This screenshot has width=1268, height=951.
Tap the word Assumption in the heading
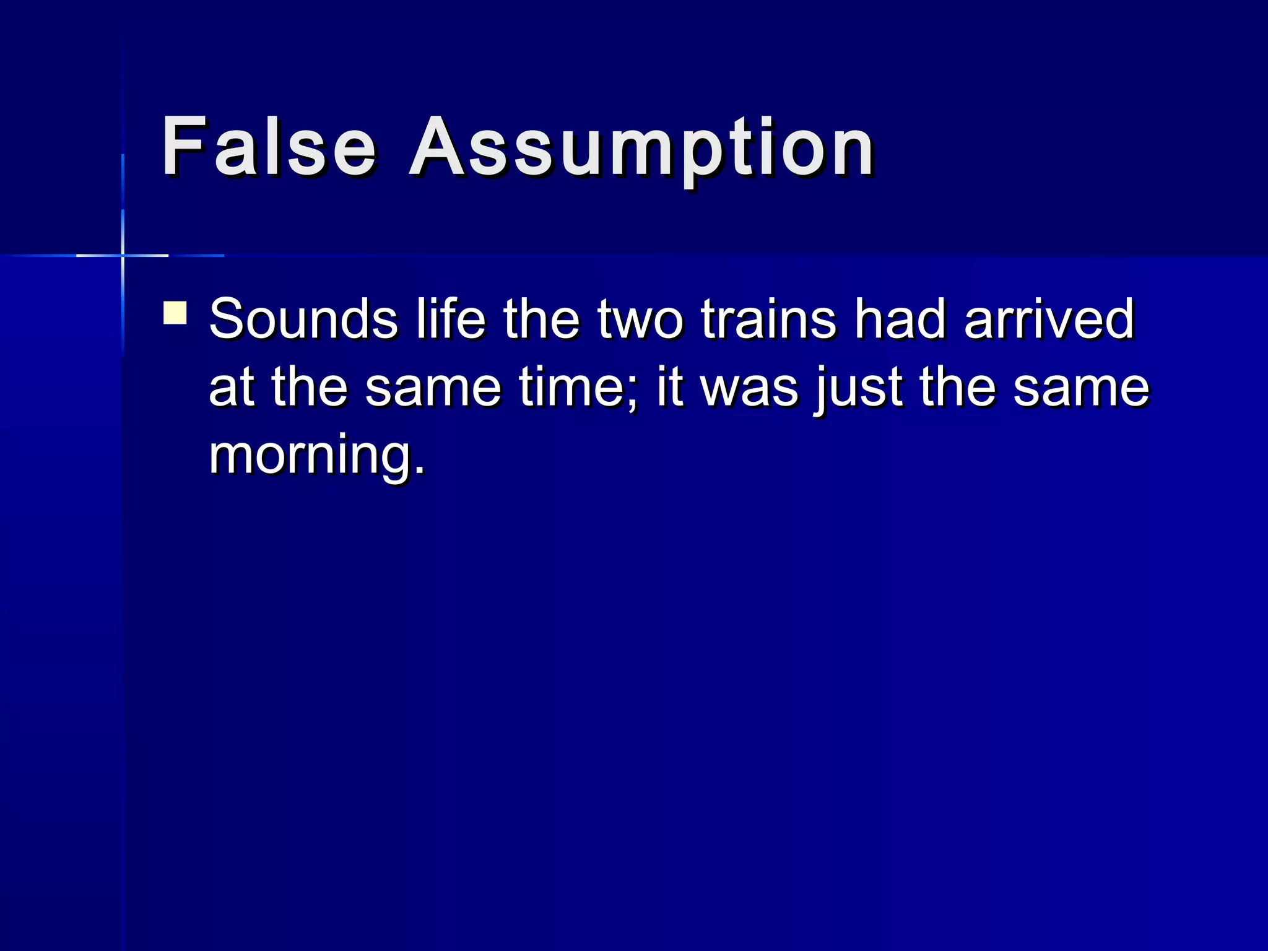[x=641, y=149]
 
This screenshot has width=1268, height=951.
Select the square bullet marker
[x=175, y=313]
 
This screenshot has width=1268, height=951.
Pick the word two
[x=640, y=321]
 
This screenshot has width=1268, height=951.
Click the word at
[x=232, y=388]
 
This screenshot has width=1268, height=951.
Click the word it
[x=670, y=388]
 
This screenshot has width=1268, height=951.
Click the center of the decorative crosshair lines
[x=123, y=255]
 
